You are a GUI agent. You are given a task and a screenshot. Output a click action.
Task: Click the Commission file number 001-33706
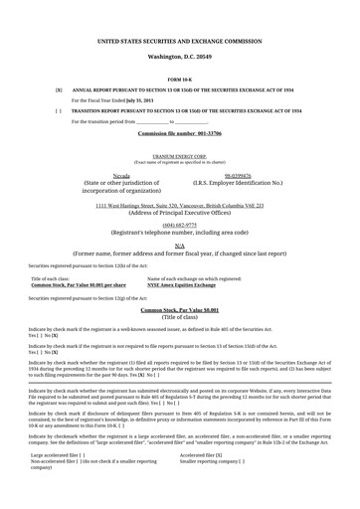point(179,131)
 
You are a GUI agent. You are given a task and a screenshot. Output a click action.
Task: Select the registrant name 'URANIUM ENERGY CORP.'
point(179,157)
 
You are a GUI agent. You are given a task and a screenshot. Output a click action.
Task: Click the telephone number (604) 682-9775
point(179,225)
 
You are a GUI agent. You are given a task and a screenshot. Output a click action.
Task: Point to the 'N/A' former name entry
point(179,245)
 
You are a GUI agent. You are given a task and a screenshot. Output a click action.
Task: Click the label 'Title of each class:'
point(52,279)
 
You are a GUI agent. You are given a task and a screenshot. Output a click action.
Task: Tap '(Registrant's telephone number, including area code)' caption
point(179,232)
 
